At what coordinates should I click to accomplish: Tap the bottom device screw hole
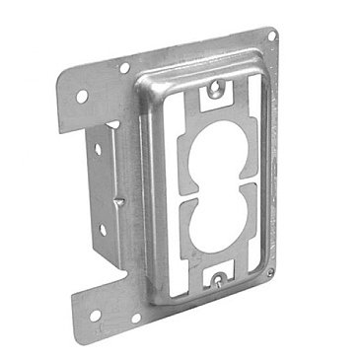pyautogui.click(x=213, y=280)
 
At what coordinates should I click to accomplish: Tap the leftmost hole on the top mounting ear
pyautogui.click(x=82, y=96)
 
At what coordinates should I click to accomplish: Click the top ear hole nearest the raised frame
pyautogui.click(x=125, y=68)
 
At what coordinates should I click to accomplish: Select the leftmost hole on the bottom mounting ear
pyautogui.click(x=95, y=318)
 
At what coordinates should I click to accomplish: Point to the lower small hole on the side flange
pyautogui.click(x=103, y=230)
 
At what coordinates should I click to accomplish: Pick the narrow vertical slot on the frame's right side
pyautogui.click(x=257, y=187)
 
